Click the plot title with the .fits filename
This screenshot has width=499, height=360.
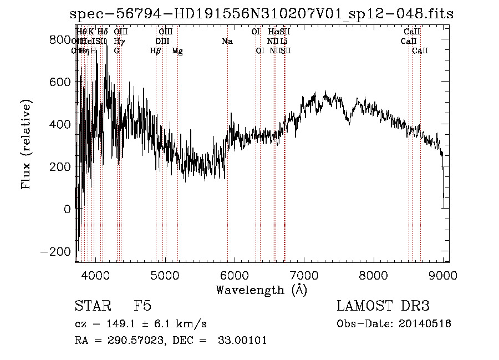coord(262,14)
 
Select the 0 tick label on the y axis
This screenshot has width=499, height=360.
coord(67,209)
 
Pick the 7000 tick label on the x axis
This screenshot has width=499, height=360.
coord(304,274)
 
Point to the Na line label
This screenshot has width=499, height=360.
coord(227,42)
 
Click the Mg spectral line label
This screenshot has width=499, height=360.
coord(177,51)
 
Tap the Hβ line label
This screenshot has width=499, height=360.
coord(156,51)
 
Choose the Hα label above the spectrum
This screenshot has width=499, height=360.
coord(273,32)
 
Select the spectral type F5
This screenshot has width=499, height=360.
coord(142,306)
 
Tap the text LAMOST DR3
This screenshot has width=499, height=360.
coord(383,306)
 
